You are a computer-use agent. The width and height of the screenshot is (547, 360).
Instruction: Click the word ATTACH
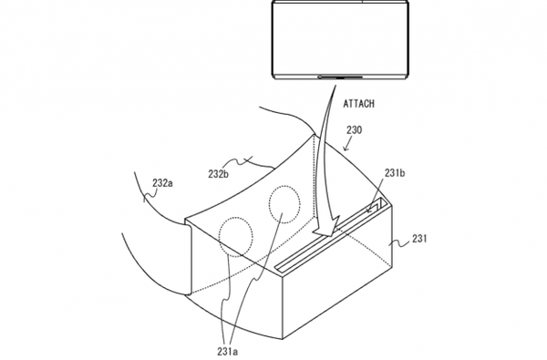click(x=359, y=104)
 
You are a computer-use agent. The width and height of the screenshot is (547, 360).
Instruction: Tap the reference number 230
click(x=354, y=130)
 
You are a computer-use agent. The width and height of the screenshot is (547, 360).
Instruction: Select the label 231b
click(x=395, y=173)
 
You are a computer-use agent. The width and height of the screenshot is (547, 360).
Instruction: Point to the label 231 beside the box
click(x=419, y=239)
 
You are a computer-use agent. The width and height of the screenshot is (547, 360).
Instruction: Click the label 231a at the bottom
click(x=227, y=351)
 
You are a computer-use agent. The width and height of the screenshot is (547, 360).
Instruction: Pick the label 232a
click(x=162, y=183)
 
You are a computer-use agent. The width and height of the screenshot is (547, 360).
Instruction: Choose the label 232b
click(x=219, y=174)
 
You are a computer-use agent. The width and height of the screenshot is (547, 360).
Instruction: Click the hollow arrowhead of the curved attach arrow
click(x=326, y=228)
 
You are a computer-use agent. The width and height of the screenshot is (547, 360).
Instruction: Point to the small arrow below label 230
click(x=348, y=144)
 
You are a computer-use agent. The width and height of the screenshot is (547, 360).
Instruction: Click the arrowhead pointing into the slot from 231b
click(x=369, y=210)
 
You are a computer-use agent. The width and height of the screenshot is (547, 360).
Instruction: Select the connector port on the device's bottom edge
click(x=340, y=77)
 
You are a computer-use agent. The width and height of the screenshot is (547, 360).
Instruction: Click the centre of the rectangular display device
click(x=340, y=39)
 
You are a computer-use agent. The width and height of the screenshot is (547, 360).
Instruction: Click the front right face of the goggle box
click(x=337, y=273)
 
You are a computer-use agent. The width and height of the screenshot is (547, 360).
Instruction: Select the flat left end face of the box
click(x=188, y=258)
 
